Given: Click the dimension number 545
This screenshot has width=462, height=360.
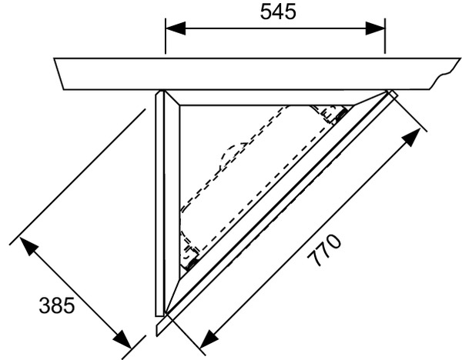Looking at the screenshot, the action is click(x=278, y=12).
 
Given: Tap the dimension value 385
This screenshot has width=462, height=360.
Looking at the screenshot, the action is click(x=56, y=305).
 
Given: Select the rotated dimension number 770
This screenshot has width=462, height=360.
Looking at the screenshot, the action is click(x=324, y=250).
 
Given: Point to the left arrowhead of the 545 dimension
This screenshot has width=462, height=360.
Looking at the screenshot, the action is click(x=176, y=28).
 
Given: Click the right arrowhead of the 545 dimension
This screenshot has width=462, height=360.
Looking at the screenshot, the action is click(x=375, y=28).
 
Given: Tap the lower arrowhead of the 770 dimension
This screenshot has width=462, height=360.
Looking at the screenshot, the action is click(x=207, y=338).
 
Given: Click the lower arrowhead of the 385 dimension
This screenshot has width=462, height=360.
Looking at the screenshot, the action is click(x=122, y=339).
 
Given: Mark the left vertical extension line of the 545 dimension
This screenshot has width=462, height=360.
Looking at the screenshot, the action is click(x=166, y=36).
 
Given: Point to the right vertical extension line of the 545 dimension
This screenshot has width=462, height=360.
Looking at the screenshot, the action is click(x=385, y=36).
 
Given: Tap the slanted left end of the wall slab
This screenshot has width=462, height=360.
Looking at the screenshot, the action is click(x=59, y=74).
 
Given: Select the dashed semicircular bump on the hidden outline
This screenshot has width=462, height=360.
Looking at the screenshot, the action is click(x=231, y=156).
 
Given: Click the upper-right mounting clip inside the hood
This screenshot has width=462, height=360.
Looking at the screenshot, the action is click(x=335, y=113).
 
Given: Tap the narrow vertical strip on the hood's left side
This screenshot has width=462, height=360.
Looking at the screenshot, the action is click(x=159, y=203).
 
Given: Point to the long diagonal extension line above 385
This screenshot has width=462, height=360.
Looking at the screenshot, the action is click(x=78, y=177).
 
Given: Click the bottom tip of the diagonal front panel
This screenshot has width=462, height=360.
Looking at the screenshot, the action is click(x=157, y=335).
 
